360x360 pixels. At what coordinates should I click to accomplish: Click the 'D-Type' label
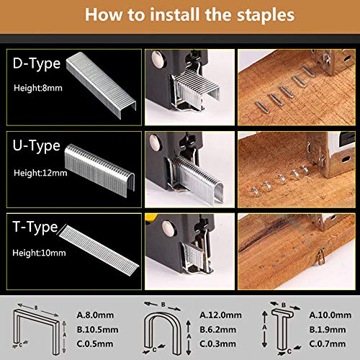pos(36,63)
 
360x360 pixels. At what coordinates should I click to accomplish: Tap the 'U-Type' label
pos(36,146)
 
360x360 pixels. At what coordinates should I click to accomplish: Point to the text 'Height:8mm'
pos(37,89)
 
